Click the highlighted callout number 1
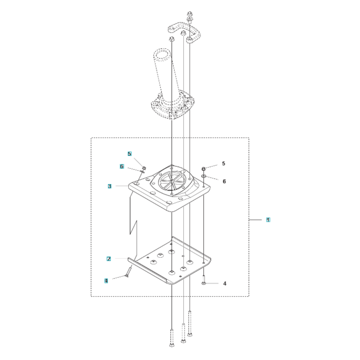pyautogui.click(x=268, y=220)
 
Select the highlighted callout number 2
pyautogui.click(x=109, y=259)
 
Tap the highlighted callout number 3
pyautogui.click(x=109, y=186)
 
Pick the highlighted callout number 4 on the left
pyautogui.click(x=106, y=280)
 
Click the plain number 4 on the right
pyautogui.click(x=225, y=284)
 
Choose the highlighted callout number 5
pyautogui.click(x=130, y=154)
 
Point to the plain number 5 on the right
pyautogui.click(x=224, y=163)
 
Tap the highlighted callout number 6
pyautogui.click(x=122, y=166)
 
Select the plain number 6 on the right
pyautogui.click(x=224, y=181)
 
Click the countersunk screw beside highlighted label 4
pyautogui.click(x=129, y=271)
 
